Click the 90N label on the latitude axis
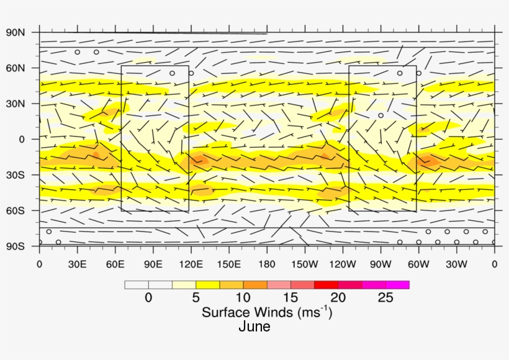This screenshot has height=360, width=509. tap(15, 32)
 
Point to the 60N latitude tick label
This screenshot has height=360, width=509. tap(15, 68)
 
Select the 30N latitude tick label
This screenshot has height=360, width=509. tap(15, 104)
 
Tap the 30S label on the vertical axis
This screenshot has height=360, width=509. tap(15, 175)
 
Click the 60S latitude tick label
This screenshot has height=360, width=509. tap(15, 210)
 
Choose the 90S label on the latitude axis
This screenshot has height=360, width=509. tap(15, 246)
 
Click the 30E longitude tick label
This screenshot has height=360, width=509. tap(78, 264)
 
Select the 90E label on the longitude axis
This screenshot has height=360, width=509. tap(153, 264)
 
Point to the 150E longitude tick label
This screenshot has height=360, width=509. tap(229, 264)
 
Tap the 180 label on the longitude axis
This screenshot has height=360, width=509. tap(267, 264)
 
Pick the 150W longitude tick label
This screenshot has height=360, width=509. tap(305, 264)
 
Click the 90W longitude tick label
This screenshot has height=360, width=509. tap(381, 264)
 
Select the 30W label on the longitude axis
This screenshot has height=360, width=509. tap(456, 264)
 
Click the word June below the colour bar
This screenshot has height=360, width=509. tap(254, 326)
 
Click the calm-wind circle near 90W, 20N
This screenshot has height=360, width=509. tap(381, 115)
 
